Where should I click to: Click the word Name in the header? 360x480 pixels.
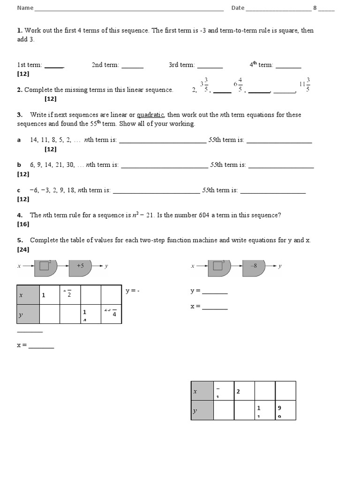point(25,8)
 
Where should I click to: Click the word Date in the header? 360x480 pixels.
point(238,8)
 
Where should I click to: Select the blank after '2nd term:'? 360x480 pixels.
point(132,66)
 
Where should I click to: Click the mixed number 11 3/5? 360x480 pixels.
point(305,85)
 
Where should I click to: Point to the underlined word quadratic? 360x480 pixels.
point(150,115)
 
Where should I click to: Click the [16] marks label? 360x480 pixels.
point(23,225)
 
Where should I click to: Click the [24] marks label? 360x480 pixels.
point(23,249)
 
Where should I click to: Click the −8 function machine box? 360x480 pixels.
point(254,266)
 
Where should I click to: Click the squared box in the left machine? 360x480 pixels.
point(45,266)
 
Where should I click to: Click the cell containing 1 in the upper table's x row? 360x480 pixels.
point(50,295)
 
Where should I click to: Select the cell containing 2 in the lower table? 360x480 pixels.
point(244,391)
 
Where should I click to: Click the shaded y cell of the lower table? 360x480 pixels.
point(202,410)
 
